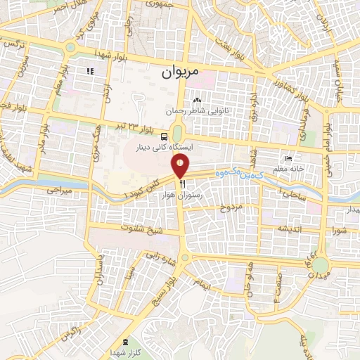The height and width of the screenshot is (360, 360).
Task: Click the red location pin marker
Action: tap(181, 166)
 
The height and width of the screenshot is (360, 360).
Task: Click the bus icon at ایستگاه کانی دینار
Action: tap(164, 136)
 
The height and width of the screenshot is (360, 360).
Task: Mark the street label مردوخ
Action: tap(231, 207)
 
